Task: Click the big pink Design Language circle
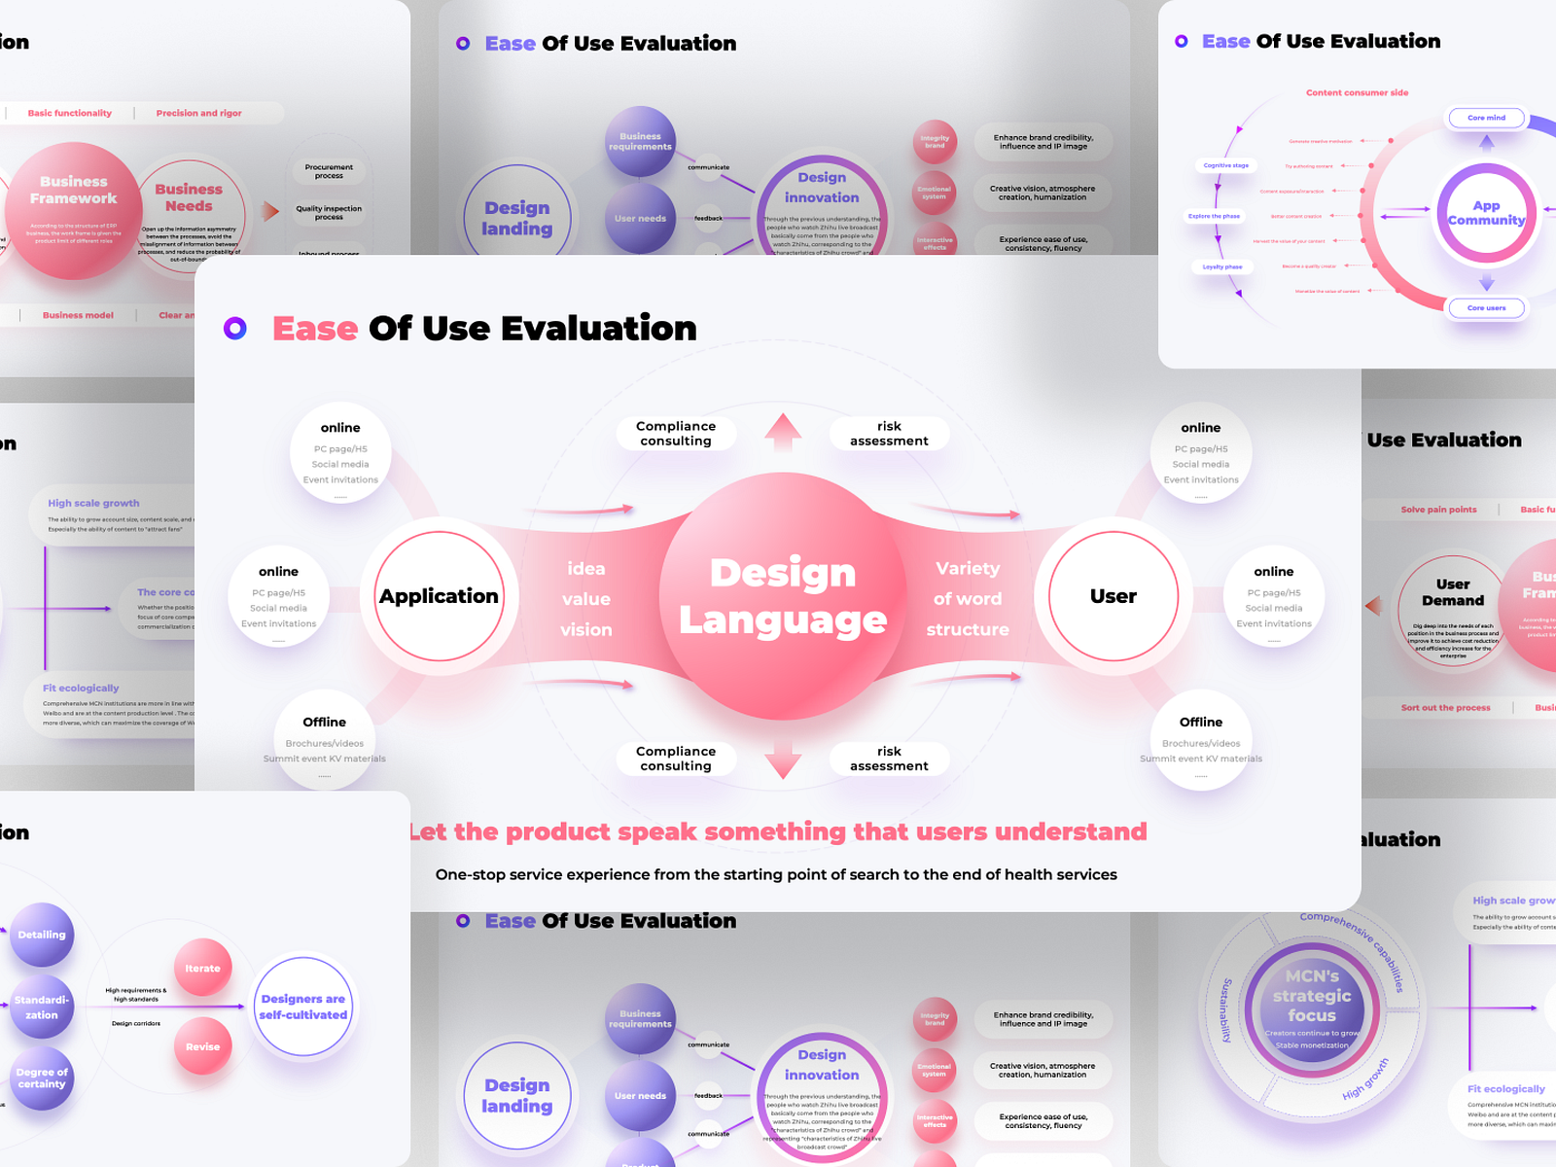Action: (x=783, y=596)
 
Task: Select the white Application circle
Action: (x=440, y=596)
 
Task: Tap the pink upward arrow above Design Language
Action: (x=783, y=432)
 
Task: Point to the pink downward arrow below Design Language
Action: (x=783, y=760)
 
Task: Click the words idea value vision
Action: (x=586, y=599)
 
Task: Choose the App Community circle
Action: (x=1486, y=213)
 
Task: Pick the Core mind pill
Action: (x=1486, y=118)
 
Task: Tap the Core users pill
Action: (x=1486, y=308)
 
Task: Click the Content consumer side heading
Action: (x=1357, y=93)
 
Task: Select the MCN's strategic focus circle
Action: (x=1312, y=1008)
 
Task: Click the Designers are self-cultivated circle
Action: (x=303, y=1007)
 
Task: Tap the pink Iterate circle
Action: (x=202, y=968)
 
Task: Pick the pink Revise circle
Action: (x=202, y=1046)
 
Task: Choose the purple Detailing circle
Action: (x=42, y=935)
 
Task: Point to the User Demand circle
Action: (x=1453, y=609)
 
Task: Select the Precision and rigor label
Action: (x=199, y=114)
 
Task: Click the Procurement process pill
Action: (x=329, y=172)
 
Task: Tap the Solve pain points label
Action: (x=1438, y=510)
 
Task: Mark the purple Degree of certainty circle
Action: (x=42, y=1079)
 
